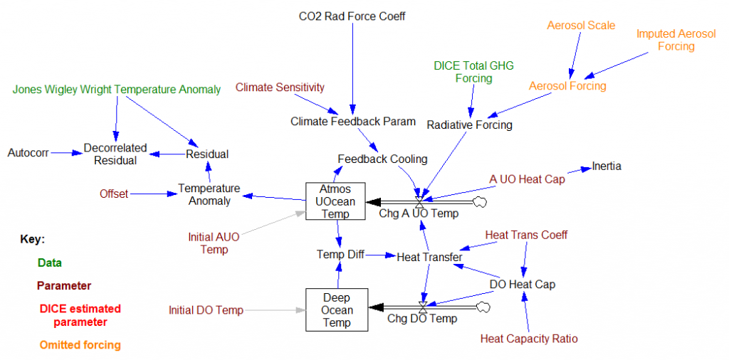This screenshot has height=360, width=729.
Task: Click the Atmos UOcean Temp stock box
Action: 336,201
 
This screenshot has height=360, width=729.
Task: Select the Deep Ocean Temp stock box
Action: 336,309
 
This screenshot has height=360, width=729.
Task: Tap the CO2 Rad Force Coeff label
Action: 352,15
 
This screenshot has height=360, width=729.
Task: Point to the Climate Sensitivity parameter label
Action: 280,87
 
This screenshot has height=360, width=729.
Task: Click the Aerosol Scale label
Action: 581,26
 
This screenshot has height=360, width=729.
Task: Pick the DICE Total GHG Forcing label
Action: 473,72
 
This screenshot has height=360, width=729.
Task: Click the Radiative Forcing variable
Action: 469,125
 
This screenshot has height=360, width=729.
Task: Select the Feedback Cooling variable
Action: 382,159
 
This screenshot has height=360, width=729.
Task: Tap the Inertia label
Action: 607,166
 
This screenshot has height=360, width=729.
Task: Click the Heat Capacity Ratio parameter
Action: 529,339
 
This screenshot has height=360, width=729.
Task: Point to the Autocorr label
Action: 28,153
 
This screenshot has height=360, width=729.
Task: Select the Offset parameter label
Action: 114,193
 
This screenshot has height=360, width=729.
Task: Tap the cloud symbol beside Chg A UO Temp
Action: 481,201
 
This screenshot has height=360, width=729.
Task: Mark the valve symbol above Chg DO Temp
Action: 423,307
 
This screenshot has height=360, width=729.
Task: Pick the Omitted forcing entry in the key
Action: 80,345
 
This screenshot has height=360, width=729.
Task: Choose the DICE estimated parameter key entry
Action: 80,316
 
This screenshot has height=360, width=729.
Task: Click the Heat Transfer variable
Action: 429,257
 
